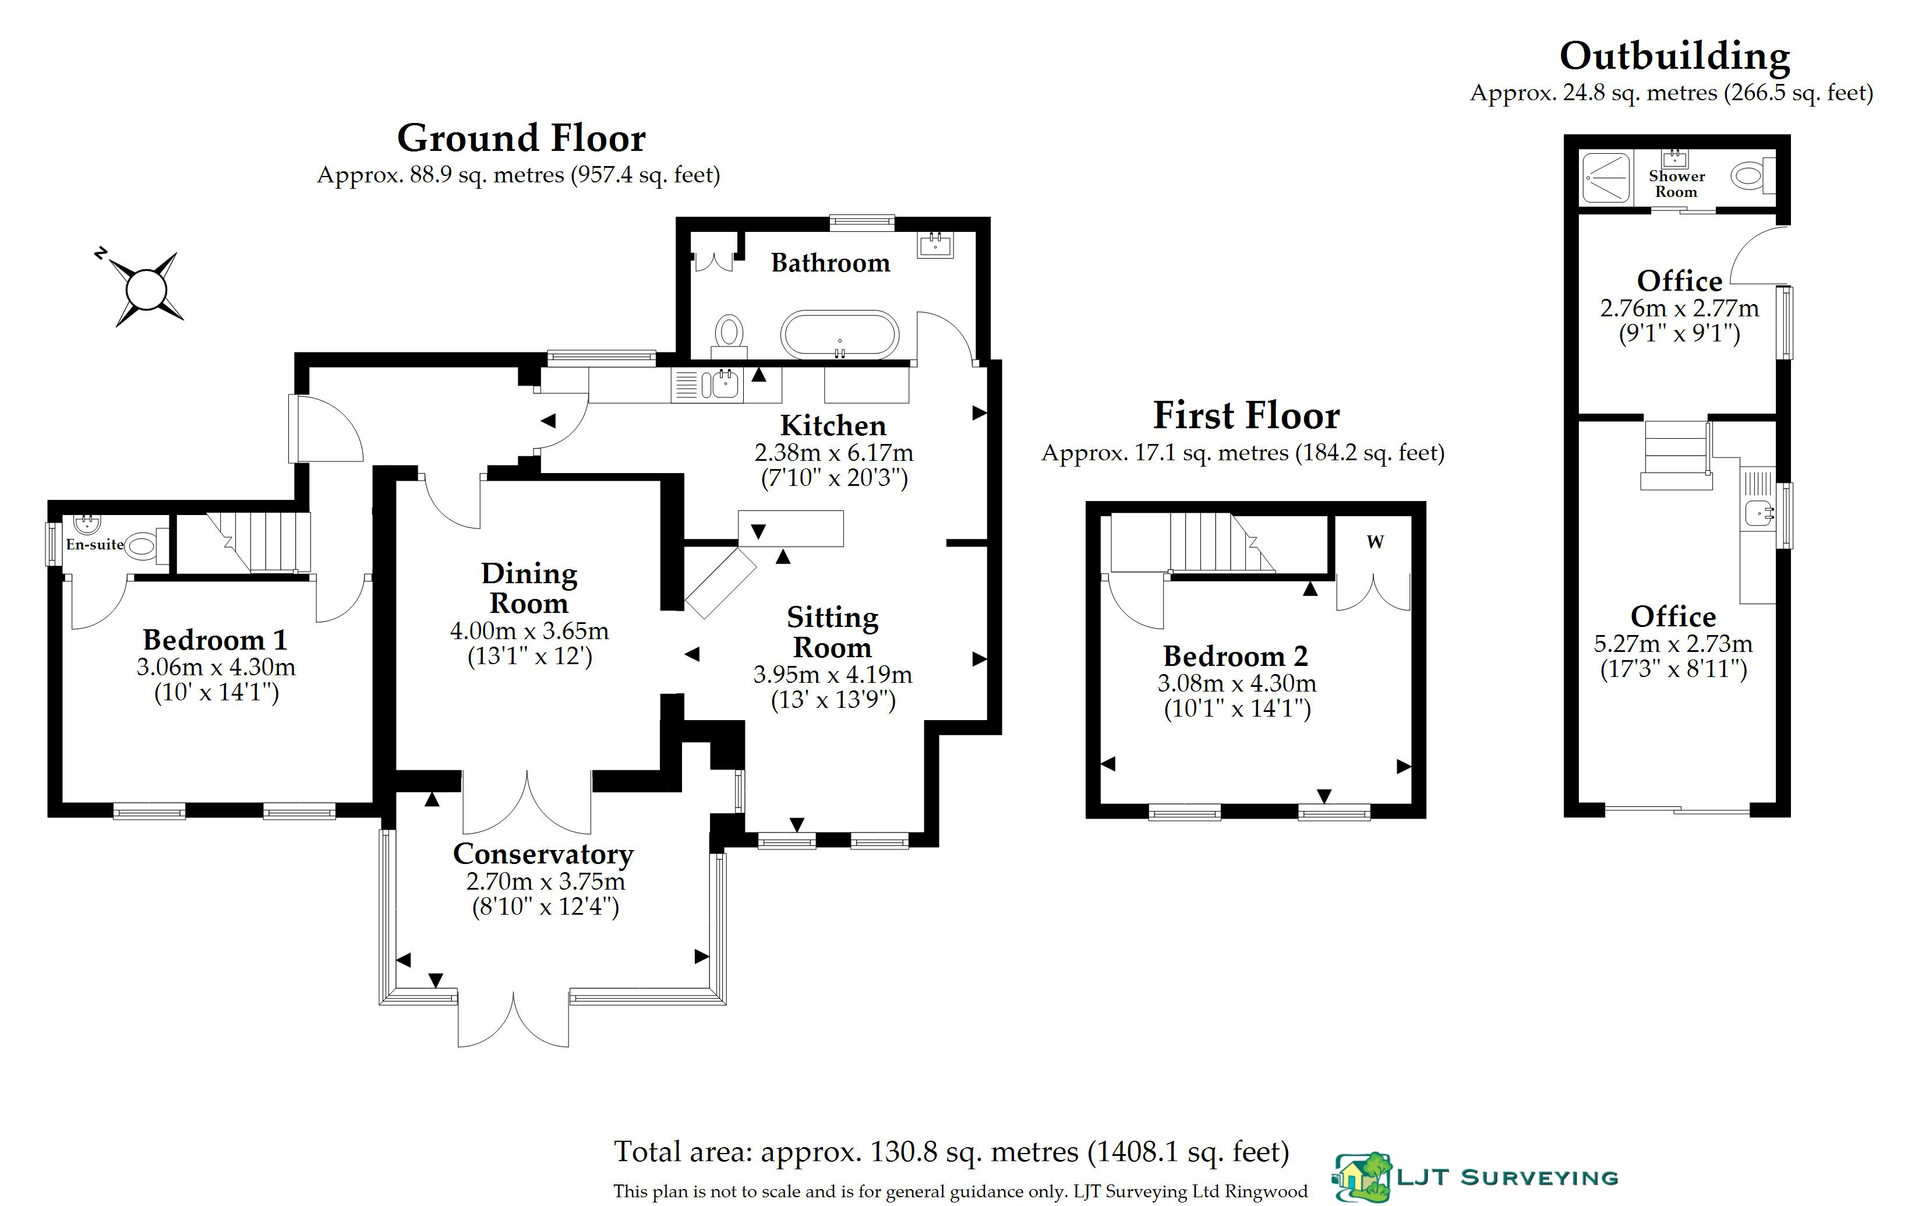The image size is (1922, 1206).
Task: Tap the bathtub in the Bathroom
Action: coord(839,334)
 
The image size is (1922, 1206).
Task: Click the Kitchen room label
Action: coord(833,425)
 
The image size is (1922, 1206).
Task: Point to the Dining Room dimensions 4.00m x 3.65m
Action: coord(529,631)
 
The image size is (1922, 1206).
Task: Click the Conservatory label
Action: coord(543,854)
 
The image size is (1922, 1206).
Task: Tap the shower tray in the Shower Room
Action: coord(1606,177)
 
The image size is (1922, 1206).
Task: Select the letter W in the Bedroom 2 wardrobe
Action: coord(1375,542)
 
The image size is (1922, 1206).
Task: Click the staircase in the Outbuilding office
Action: coord(1676,456)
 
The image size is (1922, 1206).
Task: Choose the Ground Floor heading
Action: coord(521,138)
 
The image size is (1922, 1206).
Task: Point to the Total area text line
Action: coord(952,1152)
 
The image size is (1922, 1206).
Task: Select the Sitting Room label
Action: coord(833,632)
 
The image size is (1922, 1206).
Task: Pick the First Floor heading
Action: coord(1247,415)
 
